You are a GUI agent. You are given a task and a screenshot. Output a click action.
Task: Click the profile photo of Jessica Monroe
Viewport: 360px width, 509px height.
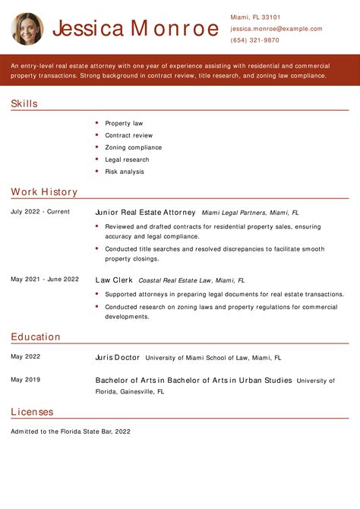(27, 29)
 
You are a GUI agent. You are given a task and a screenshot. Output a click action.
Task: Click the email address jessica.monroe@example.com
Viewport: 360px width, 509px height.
(276, 29)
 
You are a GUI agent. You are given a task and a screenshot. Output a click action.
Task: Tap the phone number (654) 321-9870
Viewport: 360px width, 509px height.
(254, 40)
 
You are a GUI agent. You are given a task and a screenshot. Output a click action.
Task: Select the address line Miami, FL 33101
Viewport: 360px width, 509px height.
(255, 17)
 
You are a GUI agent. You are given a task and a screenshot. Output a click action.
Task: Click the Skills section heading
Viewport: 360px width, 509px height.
(24, 104)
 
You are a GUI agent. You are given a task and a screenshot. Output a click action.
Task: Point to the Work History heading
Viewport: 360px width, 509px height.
(44, 192)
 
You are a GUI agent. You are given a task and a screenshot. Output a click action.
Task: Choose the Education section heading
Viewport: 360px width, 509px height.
(36, 337)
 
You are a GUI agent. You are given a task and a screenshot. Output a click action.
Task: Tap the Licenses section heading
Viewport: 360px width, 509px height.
(32, 412)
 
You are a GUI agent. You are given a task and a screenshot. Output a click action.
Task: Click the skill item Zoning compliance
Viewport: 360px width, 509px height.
(133, 147)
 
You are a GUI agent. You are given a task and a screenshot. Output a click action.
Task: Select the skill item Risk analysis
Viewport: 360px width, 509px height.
(125, 172)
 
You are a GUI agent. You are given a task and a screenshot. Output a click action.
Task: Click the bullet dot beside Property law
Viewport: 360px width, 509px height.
(97, 123)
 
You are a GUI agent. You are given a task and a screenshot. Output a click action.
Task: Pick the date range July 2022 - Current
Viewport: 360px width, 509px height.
(40, 212)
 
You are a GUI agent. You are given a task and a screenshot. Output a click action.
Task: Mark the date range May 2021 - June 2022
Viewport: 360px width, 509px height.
(45, 279)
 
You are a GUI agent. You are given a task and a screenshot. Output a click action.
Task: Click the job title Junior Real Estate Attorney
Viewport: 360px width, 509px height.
(145, 213)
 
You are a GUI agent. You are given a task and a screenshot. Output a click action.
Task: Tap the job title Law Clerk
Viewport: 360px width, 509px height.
(113, 280)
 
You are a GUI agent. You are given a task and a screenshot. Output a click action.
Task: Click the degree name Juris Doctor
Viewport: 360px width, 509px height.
(117, 357)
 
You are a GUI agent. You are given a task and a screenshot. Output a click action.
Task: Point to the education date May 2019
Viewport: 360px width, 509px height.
(26, 379)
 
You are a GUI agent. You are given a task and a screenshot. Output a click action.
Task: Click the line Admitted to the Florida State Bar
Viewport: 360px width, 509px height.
(71, 432)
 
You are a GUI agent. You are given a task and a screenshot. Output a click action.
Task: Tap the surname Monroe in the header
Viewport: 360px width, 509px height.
(175, 29)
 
